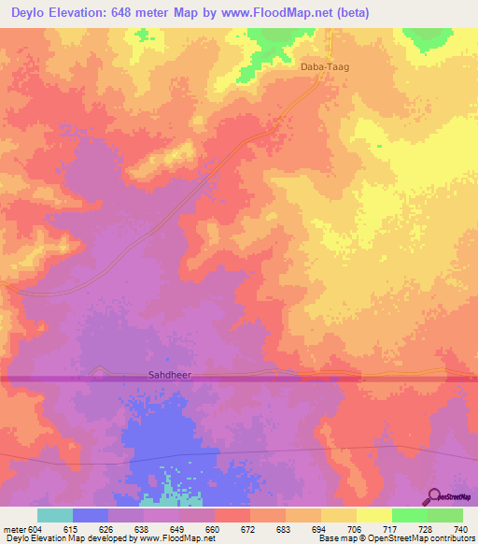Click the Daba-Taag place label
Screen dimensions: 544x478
click(324, 67)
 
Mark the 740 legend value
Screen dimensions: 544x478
click(460, 528)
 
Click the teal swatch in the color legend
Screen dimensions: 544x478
click(55, 515)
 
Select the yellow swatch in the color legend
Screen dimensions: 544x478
click(373, 515)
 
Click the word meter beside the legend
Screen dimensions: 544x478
click(12, 528)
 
